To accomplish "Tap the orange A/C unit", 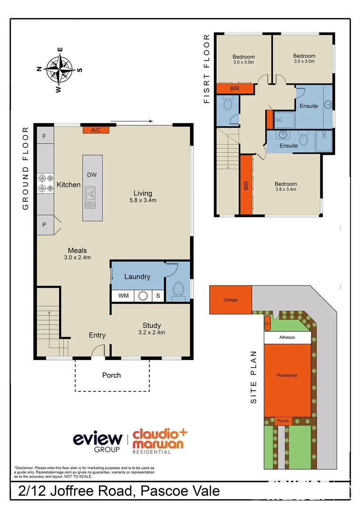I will point(96,130).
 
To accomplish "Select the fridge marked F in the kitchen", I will point(45,136).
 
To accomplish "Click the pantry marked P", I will point(45,225).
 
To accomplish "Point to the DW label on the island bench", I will point(92,175).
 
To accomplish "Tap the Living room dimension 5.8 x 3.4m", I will point(142,200).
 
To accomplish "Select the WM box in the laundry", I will point(123,296).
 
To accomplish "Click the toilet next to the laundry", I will point(179,289).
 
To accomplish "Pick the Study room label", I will point(152,325).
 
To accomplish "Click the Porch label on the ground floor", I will point(112,375).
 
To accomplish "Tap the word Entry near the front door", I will point(97,335).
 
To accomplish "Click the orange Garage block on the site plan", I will point(230,300).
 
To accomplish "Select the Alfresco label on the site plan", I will point(286,338).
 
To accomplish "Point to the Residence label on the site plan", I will point(287,375).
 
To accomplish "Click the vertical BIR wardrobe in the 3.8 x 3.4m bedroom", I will point(246,185).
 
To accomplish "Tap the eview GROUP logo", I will point(98,442).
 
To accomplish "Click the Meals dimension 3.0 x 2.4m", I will point(77,257).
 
